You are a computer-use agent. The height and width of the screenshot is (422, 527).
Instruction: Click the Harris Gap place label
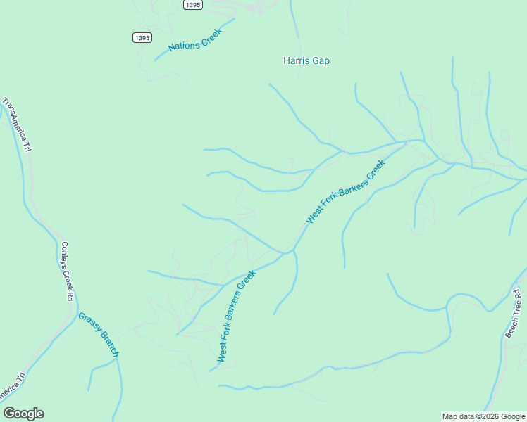306,61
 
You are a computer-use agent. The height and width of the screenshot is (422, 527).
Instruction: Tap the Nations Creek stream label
195,39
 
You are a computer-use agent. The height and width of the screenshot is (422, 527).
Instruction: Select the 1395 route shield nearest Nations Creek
142,38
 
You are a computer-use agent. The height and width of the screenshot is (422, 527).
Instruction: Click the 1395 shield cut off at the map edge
192,5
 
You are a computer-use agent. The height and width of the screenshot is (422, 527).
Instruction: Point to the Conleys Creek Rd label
67,271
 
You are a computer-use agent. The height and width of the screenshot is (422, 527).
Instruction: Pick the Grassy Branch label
99,334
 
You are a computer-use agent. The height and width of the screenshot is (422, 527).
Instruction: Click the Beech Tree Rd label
513,312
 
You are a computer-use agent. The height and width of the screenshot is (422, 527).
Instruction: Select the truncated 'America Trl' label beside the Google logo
12,390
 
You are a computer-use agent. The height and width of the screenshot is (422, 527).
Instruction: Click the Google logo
23,414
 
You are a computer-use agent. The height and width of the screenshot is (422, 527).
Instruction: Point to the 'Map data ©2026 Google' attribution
483,416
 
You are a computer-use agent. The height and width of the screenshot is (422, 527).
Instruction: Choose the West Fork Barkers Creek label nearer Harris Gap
346,192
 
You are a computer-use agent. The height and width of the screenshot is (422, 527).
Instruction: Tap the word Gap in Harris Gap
321,61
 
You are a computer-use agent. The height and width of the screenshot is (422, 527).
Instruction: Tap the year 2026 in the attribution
489,416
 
